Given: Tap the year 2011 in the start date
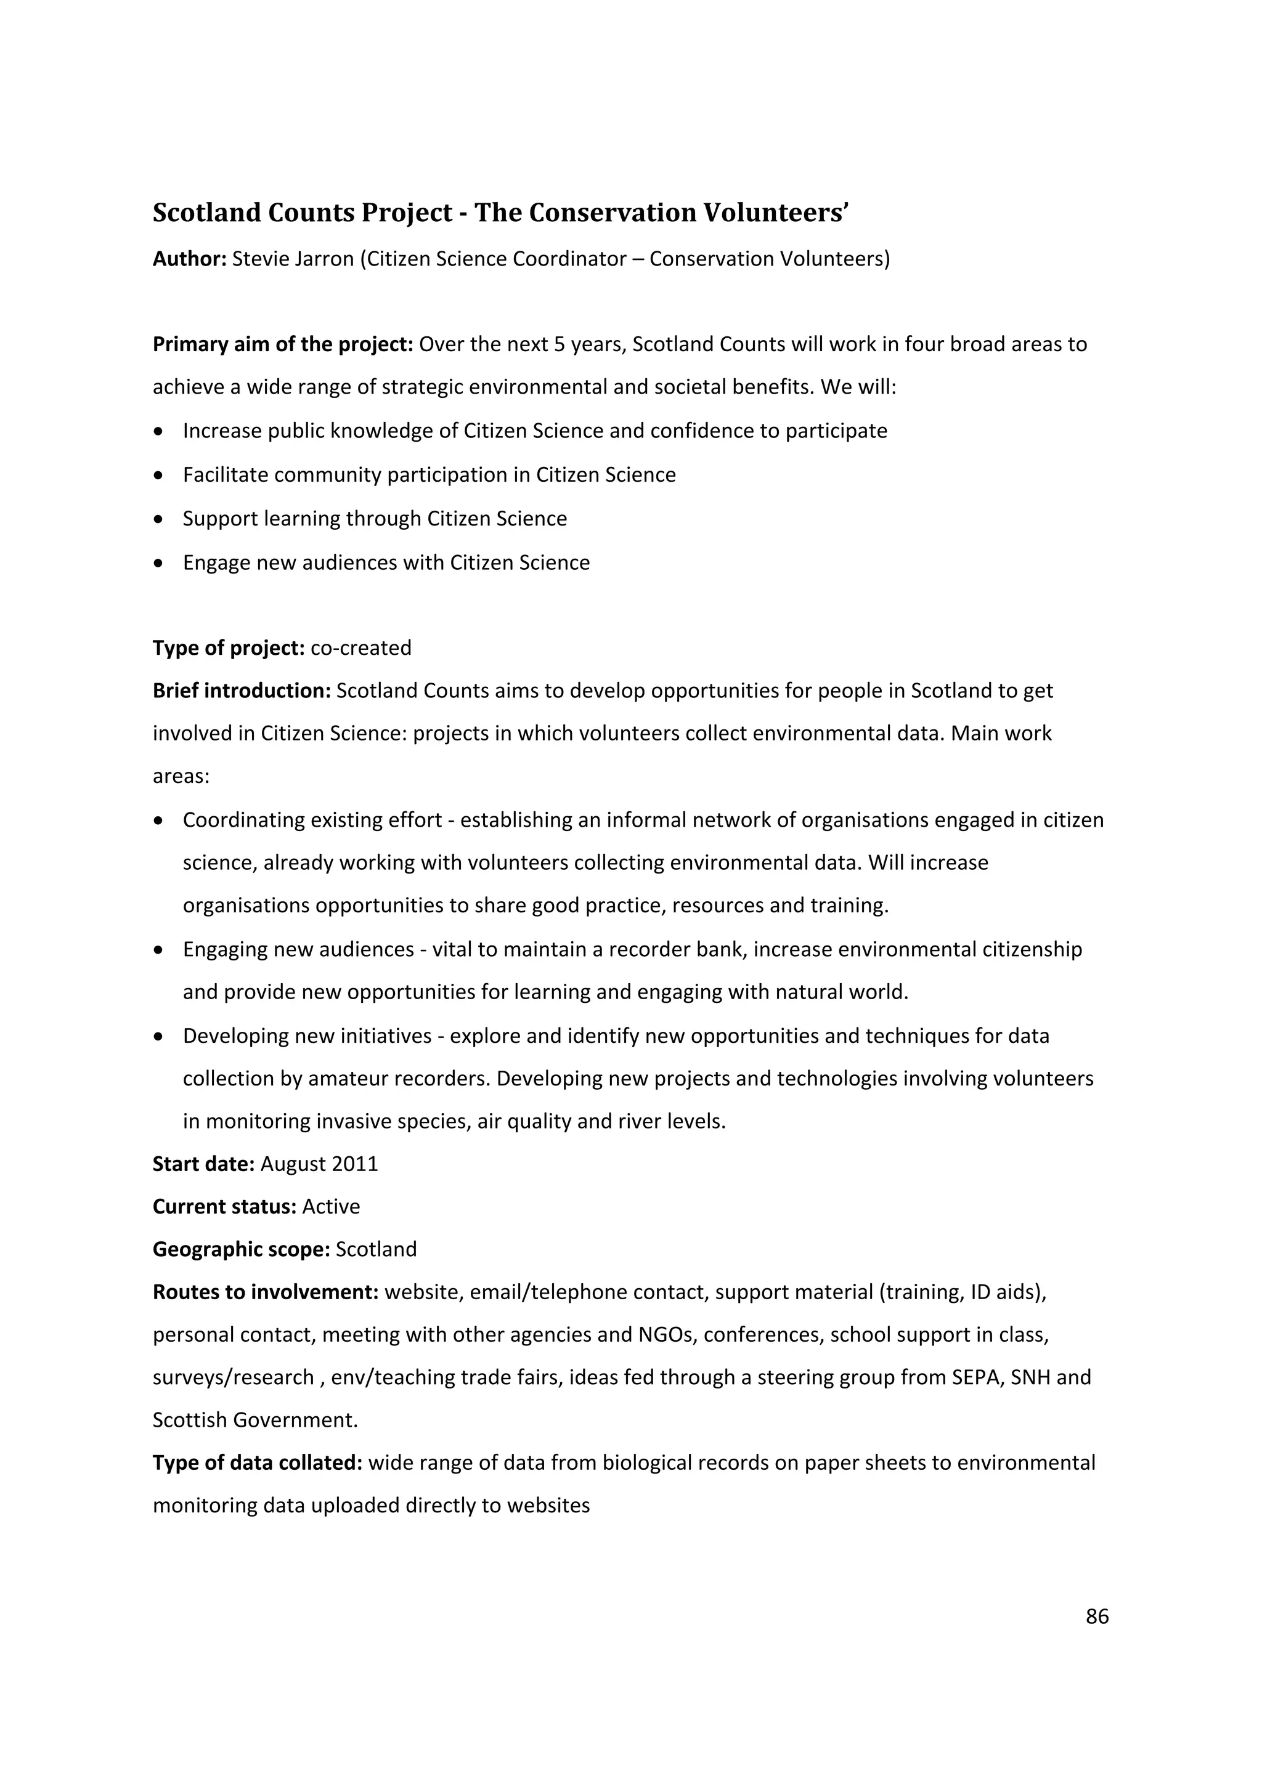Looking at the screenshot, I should pos(354,1163).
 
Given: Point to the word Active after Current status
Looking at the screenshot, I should pos(331,1206).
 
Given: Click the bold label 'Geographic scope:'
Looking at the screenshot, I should pos(241,1249).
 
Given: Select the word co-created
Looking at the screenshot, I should pos(360,647).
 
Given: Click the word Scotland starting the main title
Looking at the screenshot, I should pos(206,213).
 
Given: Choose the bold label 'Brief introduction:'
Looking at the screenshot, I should pos(242,690).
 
